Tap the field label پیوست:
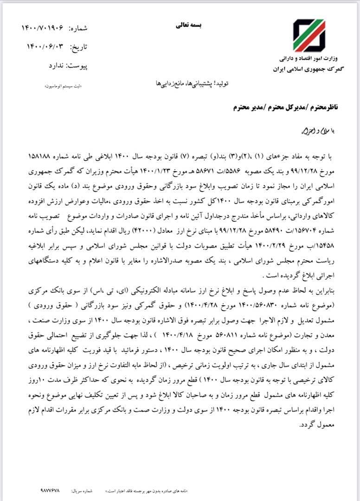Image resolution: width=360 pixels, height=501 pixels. pyautogui.click(x=78, y=66)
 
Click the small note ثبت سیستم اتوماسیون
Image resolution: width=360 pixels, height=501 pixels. pyautogui.click(x=65, y=86)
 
